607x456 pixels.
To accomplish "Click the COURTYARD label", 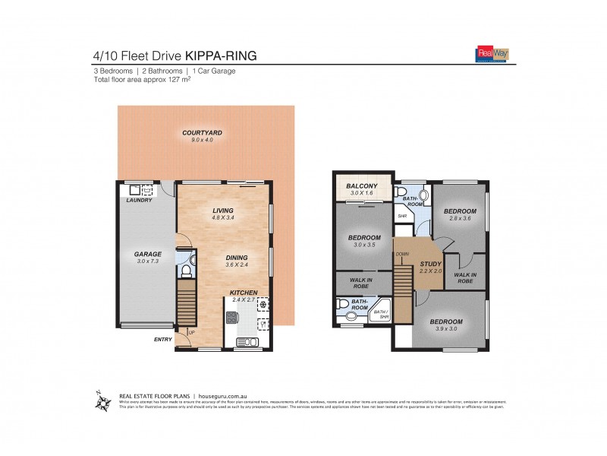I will pyautogui.click(x=197, y=132).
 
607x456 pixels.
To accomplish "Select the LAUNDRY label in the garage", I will pyautogui.click(x=140, y=200).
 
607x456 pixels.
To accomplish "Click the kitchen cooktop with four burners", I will pyautogui.click(x=263, y=306).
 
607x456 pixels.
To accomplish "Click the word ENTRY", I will pyautogui.click(x=162, y=340).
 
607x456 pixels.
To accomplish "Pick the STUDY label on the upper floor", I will pyautogui.click(x=431, y=264).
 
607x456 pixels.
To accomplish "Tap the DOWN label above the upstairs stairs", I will pyautogui.click(x=402, y=255).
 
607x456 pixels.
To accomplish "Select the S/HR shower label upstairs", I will pyautogui.click(x=402, y=216).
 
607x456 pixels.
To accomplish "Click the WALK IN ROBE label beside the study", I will pyautogui.click(x=465, y=277).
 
